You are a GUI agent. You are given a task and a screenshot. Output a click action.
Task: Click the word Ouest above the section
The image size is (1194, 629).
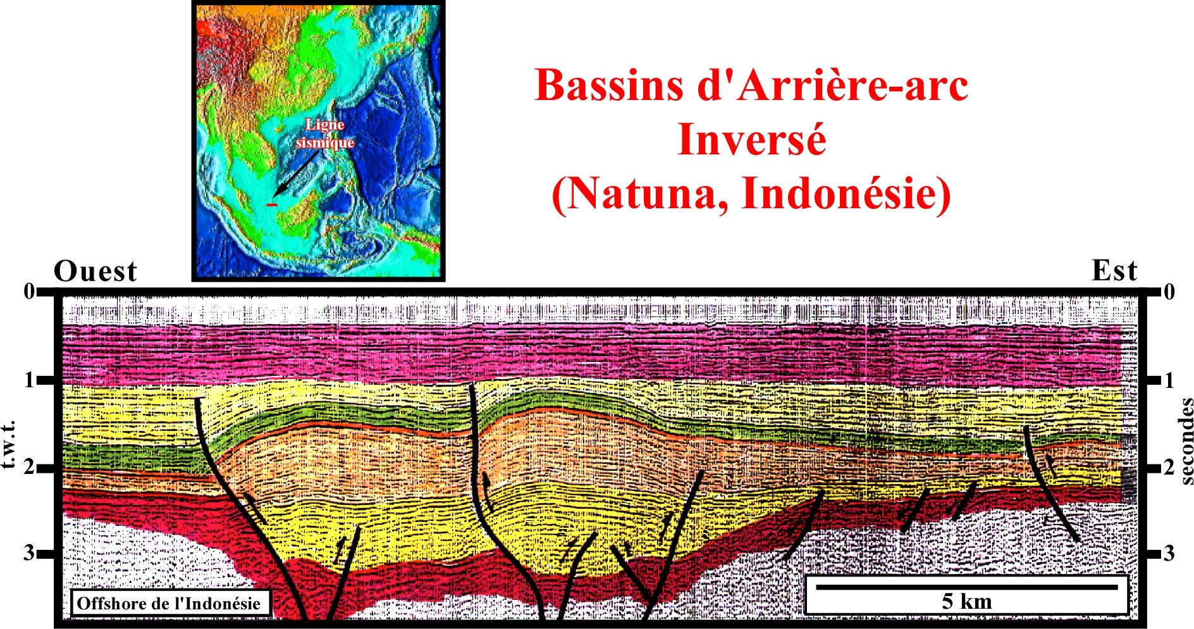pos(95,271)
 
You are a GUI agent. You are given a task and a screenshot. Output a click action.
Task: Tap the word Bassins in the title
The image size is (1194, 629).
pos(608,85)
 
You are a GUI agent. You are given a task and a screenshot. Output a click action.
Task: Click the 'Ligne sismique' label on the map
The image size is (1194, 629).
pos(325,134)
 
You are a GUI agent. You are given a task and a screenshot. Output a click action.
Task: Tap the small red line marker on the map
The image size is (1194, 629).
pos(272,204)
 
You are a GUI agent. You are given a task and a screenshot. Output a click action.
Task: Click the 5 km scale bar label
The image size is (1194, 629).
pos(967,601)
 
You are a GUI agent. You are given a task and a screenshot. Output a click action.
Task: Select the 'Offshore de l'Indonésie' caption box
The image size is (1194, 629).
pos(169,603)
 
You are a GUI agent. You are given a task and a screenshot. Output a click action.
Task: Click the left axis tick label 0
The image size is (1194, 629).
pos(29,291)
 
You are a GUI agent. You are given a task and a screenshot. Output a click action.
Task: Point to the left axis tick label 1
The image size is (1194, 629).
pos(28,380)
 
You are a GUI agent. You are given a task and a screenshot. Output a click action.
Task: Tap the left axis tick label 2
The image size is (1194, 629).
pos(29,468)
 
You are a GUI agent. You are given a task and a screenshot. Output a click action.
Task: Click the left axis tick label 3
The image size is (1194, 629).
pos(29,553)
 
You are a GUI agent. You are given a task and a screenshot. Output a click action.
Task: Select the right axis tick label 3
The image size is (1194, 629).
pos(1169,554)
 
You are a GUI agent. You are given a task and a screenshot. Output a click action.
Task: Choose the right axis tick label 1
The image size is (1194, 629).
pos(1169,380)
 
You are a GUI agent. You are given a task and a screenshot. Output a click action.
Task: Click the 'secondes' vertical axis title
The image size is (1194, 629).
pos(1186,441)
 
